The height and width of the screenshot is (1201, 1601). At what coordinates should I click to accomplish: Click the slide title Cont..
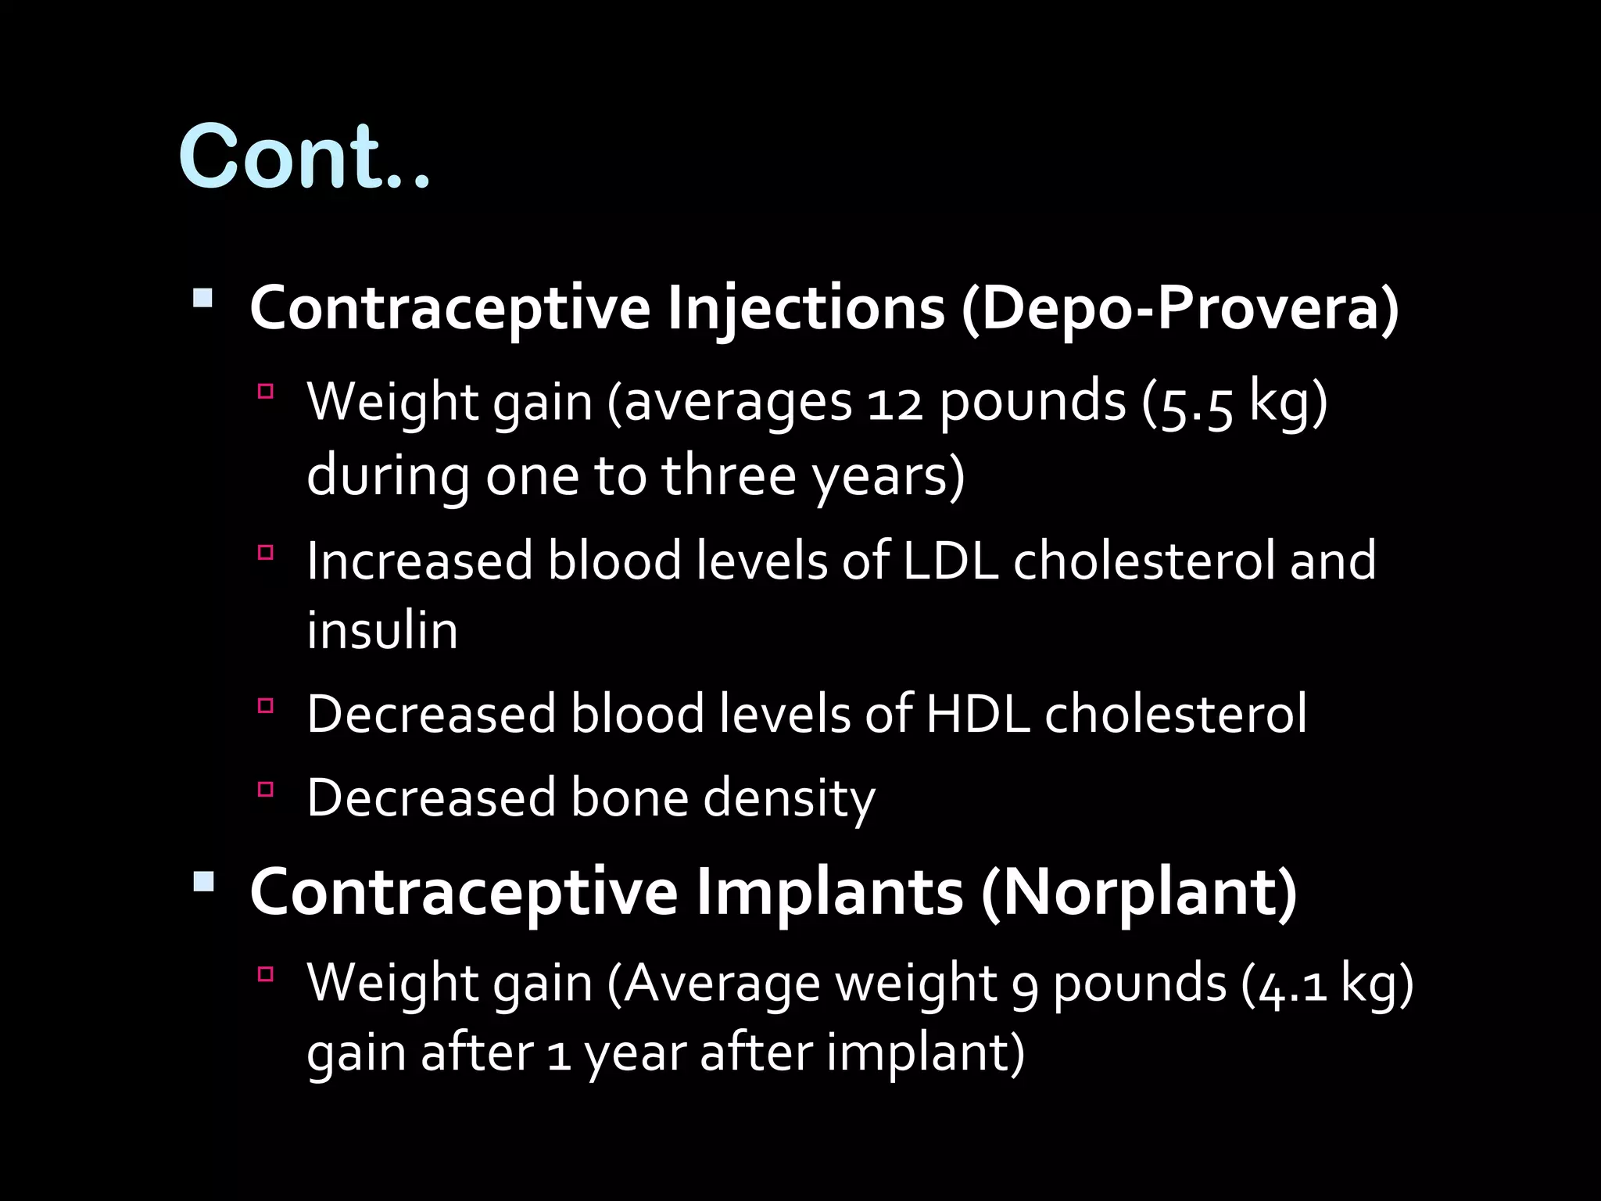click(303, 156)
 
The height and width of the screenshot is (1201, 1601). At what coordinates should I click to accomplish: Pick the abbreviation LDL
click(951, 561)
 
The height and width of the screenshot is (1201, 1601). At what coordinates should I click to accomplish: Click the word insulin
click(382, 630)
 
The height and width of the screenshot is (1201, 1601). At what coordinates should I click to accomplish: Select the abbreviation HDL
click(977, 714)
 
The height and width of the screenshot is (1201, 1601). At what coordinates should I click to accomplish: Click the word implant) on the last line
click(926, 1052)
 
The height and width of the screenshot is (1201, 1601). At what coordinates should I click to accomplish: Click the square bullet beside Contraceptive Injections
click(202, 299)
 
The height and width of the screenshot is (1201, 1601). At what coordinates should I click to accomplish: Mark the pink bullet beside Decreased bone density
click(266, 789)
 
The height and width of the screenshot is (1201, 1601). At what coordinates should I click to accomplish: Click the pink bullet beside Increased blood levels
click(266, 553)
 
